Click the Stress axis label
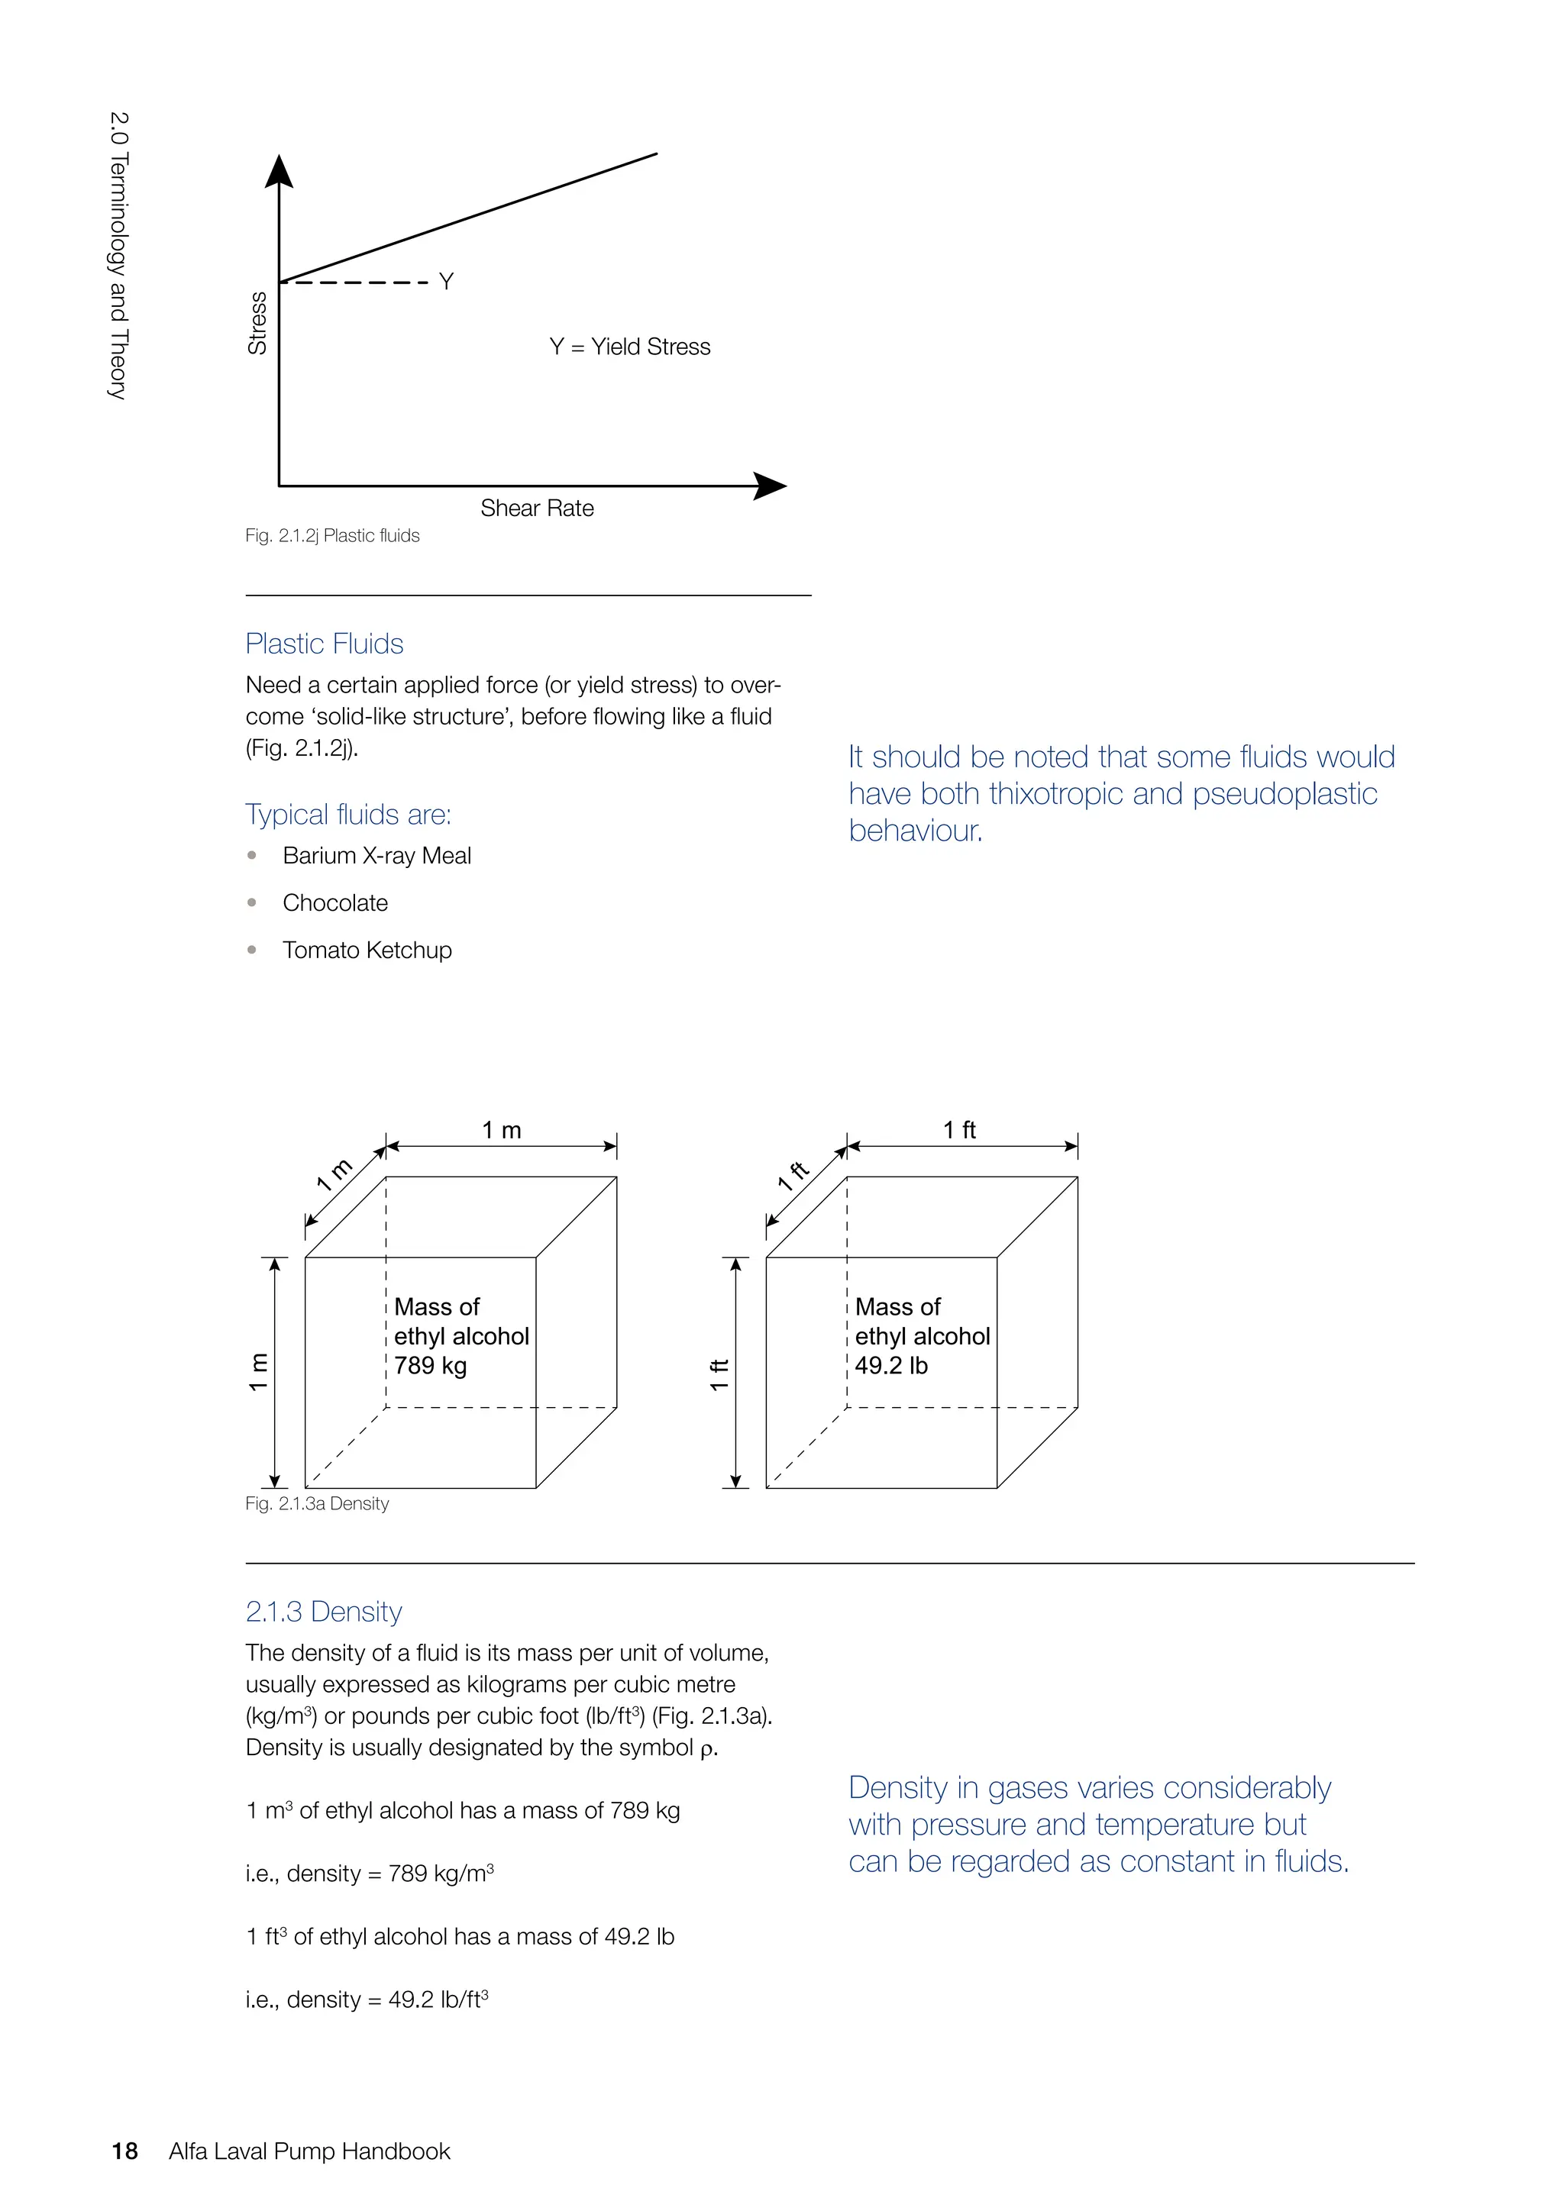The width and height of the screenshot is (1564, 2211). [x=257, y=324]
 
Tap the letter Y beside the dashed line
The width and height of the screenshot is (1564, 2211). [x=446, y=281]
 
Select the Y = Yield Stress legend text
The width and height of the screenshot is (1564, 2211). [x=630, y=347]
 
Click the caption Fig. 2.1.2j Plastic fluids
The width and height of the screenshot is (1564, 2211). [x=332, y=535]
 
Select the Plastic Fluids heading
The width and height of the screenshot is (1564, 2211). [x=324, y=644]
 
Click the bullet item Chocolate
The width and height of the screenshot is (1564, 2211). [x=335, y=903]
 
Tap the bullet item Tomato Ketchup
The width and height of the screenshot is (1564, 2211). [x=367, y=951]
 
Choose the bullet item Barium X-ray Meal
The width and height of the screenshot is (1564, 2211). [x=376, y=856]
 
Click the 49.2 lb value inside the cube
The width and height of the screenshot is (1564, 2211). [x=891, y=1366]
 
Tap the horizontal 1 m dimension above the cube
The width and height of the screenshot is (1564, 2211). [x=501, y=1131]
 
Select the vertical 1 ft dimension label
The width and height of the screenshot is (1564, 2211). [x=719, y=1374]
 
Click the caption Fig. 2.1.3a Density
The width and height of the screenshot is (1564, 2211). [x=317, y=1503]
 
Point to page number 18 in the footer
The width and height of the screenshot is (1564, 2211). [x=124, y=2151]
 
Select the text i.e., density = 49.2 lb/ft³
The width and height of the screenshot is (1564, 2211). [x=367, y=2000]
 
